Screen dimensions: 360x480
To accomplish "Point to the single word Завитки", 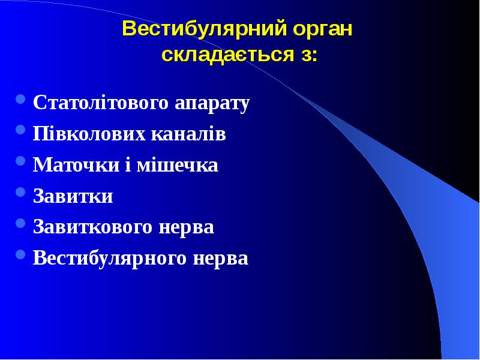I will pyautogui.click(x=73, y=196).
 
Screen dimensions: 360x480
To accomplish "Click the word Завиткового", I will pyautogui.click(x=92, y=227).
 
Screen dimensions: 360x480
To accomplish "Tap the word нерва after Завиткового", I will pyautogui.click(x=185, y=227).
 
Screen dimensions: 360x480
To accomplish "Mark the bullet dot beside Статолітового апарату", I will pyautogui.click(x=20, y=98).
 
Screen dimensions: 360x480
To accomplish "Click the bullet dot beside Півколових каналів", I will pyautogui.click(x=20, y=130).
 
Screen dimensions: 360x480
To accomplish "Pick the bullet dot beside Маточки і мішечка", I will pyautogui.click(x=20, y=161).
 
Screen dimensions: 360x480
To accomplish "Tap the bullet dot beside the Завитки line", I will pyautogui.click(x=20, y=192).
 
